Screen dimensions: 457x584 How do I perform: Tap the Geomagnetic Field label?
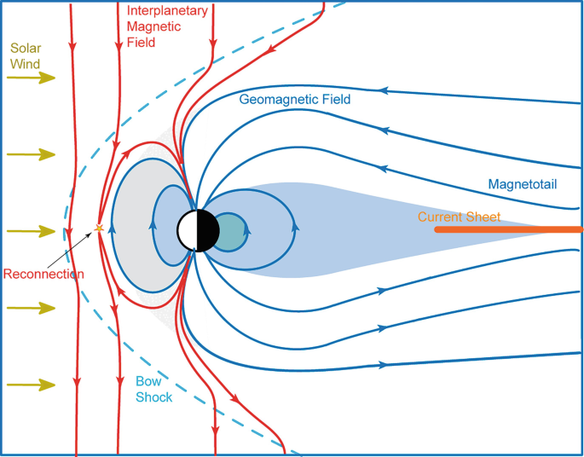click(x=295, y=99)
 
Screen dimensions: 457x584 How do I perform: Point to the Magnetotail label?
click(x=524, y=183)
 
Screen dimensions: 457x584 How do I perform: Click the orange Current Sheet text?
click(x=459, y=217)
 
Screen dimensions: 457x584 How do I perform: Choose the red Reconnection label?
click(x=43, y=274)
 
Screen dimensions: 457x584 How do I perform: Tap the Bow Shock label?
click(x=154, y=390)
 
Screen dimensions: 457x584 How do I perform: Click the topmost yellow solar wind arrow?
click(x=32, y=78)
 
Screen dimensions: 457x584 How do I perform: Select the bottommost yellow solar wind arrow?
click(x=32, y=385)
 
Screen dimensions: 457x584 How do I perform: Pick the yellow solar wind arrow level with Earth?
click(x=32, y=231)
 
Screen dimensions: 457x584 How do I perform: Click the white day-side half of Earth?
click(x=188, y=230)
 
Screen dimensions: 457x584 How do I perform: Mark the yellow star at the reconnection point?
click(x=100, y=228)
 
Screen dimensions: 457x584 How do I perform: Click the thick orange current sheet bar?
click(x=508, y=229)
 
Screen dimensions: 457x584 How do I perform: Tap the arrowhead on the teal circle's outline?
click(x=247, y=228)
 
